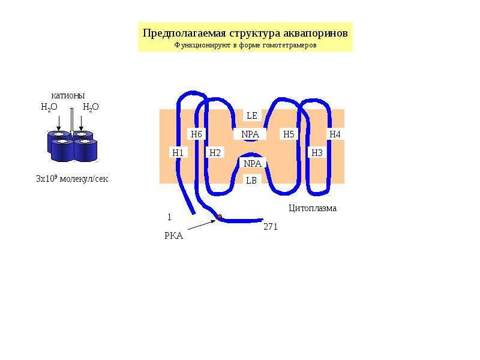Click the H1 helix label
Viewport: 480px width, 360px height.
click(x=178, y=152)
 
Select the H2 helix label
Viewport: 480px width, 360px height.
click(x=215, y=152)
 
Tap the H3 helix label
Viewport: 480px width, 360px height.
click(x=317, y=152)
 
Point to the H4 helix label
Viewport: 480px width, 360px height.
click(x=335, y=134)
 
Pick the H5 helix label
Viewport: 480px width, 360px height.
click(x=289, y=134)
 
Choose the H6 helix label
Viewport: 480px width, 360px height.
click(x=196, y=134)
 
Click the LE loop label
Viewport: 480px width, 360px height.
click(x=252, y=116)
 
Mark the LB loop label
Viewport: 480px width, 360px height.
click(x=251, y=181)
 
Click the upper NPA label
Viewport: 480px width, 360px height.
click(x=250, y=134)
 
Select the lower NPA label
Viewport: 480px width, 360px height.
click(x=253, y=163)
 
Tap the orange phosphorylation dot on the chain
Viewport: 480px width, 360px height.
click(x=220, y=217)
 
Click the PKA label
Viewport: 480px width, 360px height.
click(x=174, y=236)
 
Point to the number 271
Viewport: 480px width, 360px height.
click(x=271, y=227)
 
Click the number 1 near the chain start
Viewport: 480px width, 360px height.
click(x=169, y=217)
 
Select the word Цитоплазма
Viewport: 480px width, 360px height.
click(x=313, y=208)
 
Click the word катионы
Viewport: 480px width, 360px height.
click(x=68, y=95)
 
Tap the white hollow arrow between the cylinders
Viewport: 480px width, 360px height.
click(x=71, y=122)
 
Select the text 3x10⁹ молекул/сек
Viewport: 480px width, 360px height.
click(x=72, y=178)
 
